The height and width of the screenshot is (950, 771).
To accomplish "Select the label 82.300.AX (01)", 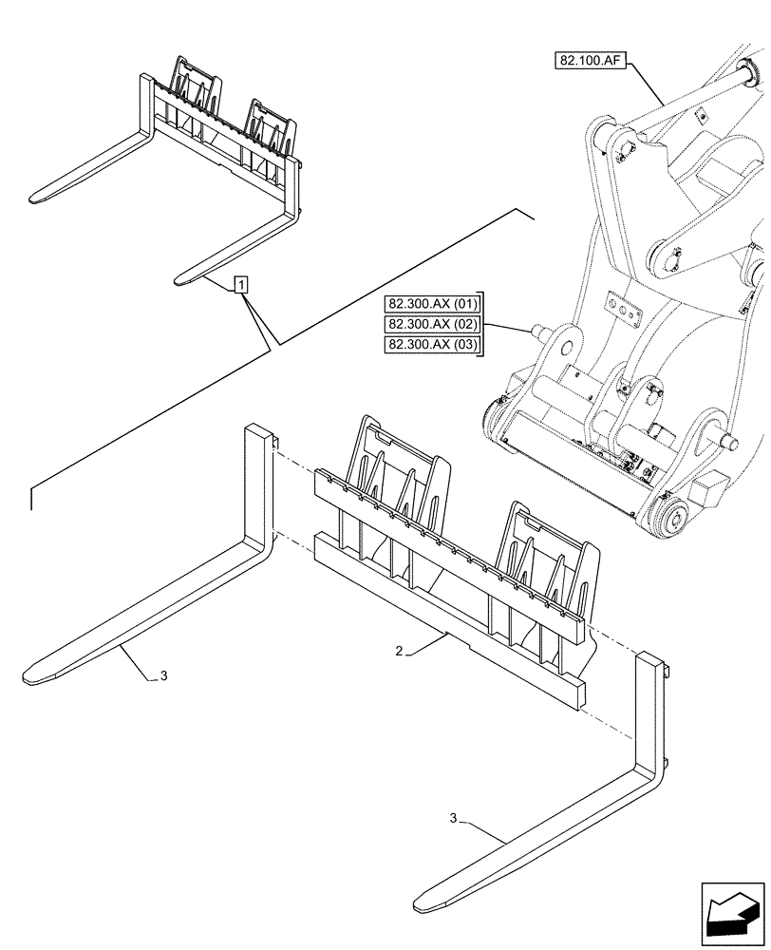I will (x=434, y=305).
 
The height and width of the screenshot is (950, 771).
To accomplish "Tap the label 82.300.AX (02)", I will (x=434, y=324).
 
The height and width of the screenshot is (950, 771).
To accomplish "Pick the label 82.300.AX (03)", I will (x=434, y=343).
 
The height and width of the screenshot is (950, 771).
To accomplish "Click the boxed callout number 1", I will (x=242, y=284).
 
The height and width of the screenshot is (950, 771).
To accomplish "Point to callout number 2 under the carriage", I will (x=400, y=652).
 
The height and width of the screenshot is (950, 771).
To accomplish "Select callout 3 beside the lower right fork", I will (x=454, y=818).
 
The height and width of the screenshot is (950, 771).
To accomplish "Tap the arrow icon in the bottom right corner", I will (x=732, y=914).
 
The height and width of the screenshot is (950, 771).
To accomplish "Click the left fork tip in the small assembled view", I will (x=36, y=199).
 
